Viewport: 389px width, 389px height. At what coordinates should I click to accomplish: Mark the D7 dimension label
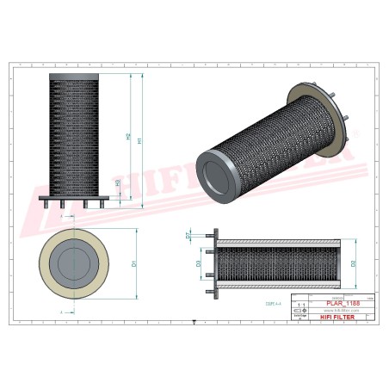tap(188, 234)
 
